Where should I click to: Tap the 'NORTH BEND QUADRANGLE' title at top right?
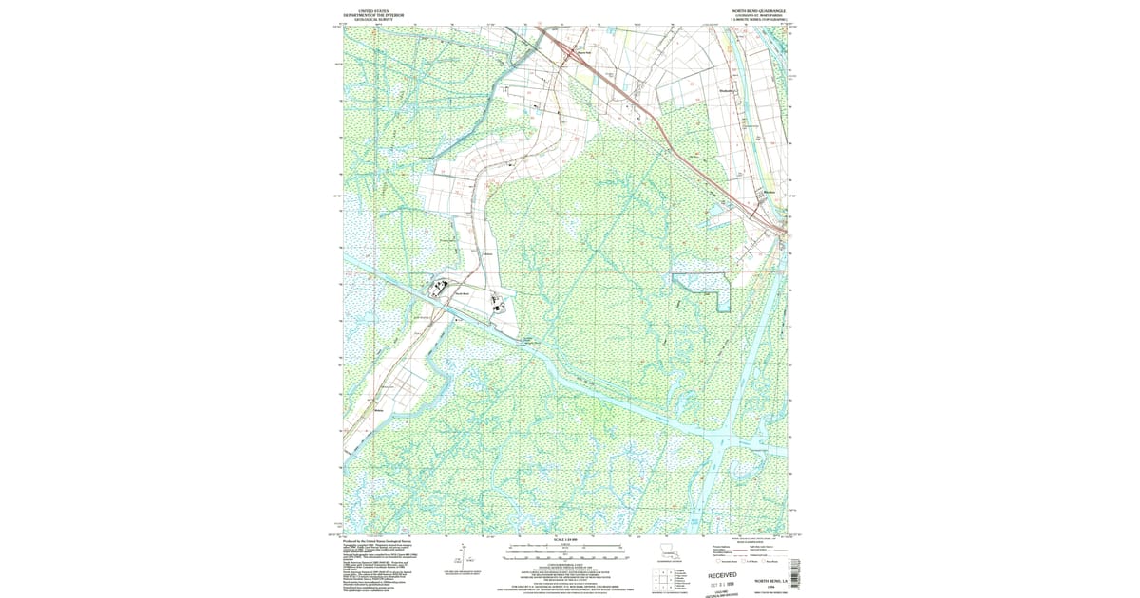(758, 10)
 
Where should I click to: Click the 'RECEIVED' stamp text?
(722, 575)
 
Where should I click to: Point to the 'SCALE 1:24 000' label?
(566, 540)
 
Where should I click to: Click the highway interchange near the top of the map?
(564, 47)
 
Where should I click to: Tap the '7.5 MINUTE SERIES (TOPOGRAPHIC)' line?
(758, 20)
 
